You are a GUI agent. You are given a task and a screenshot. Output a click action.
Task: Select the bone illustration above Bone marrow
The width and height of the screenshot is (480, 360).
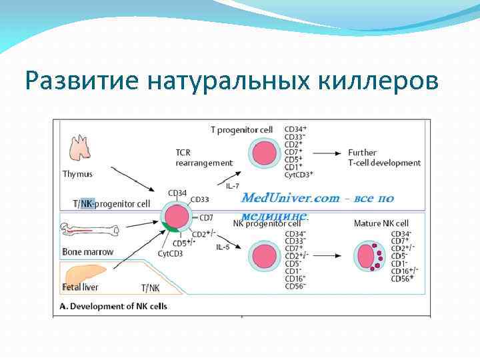point(89,231)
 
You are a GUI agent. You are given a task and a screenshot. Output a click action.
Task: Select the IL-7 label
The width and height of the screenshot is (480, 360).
point(233,186)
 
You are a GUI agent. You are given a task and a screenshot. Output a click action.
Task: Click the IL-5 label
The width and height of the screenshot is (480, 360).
point(223,247)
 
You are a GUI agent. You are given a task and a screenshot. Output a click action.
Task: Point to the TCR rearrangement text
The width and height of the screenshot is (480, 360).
point(204,157)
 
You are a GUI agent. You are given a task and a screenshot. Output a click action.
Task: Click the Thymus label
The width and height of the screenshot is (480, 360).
point(77,174)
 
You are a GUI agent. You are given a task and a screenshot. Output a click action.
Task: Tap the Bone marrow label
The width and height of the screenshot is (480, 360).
point(88,252)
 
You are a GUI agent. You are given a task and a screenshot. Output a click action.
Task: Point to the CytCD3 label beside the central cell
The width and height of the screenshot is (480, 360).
point(171,253)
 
